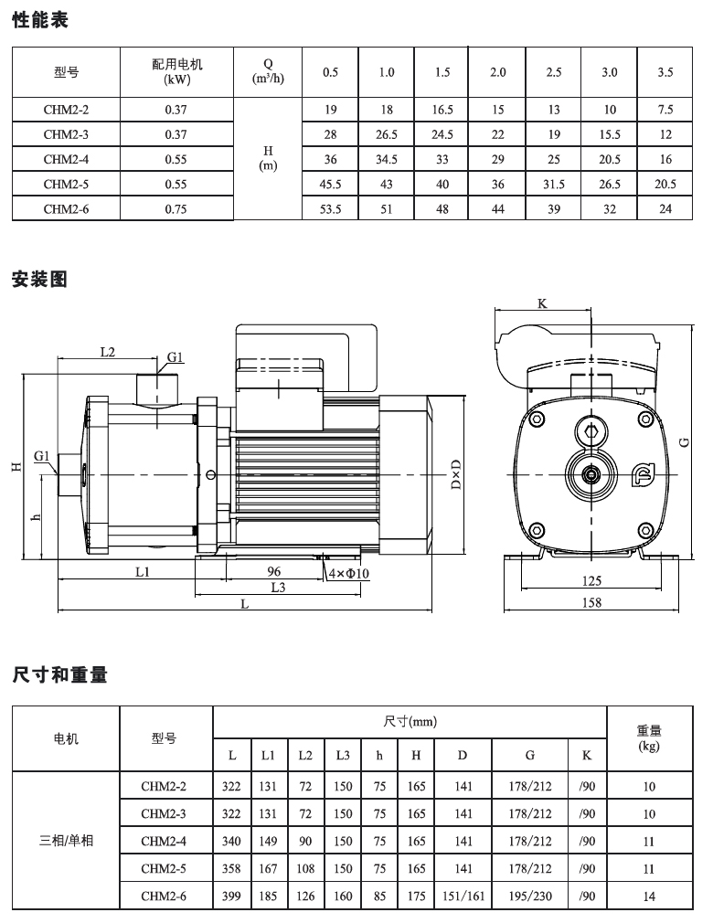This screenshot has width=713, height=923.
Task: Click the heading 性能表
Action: coord(40,18)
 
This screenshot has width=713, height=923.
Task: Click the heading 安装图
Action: coord(40,280)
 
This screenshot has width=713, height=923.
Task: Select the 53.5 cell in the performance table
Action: coord(331,208)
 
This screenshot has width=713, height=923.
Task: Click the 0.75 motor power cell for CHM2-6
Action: coord(176,208)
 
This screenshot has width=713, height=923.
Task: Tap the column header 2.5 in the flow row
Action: coord(554,72)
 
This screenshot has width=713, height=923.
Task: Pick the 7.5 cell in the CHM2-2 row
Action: coord(665,110)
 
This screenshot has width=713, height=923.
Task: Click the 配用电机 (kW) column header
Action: coord(176,72)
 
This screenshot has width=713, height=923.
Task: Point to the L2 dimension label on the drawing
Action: coord(106,351)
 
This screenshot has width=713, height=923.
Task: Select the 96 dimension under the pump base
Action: coord(273,570)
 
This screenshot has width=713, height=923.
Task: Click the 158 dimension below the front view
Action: coord(592,602)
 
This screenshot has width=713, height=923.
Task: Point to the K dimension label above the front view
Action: coord(542,303)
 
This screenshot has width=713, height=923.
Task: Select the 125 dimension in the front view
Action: coord(592,580)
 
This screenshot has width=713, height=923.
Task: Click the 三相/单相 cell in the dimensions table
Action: coord(66,841)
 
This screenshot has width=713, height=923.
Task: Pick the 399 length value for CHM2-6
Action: coord(232,896)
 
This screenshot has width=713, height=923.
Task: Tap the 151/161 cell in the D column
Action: coord(463,896)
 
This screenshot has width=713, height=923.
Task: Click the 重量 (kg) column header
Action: coord(649,737)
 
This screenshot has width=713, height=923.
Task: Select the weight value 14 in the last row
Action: coord(649,896)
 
